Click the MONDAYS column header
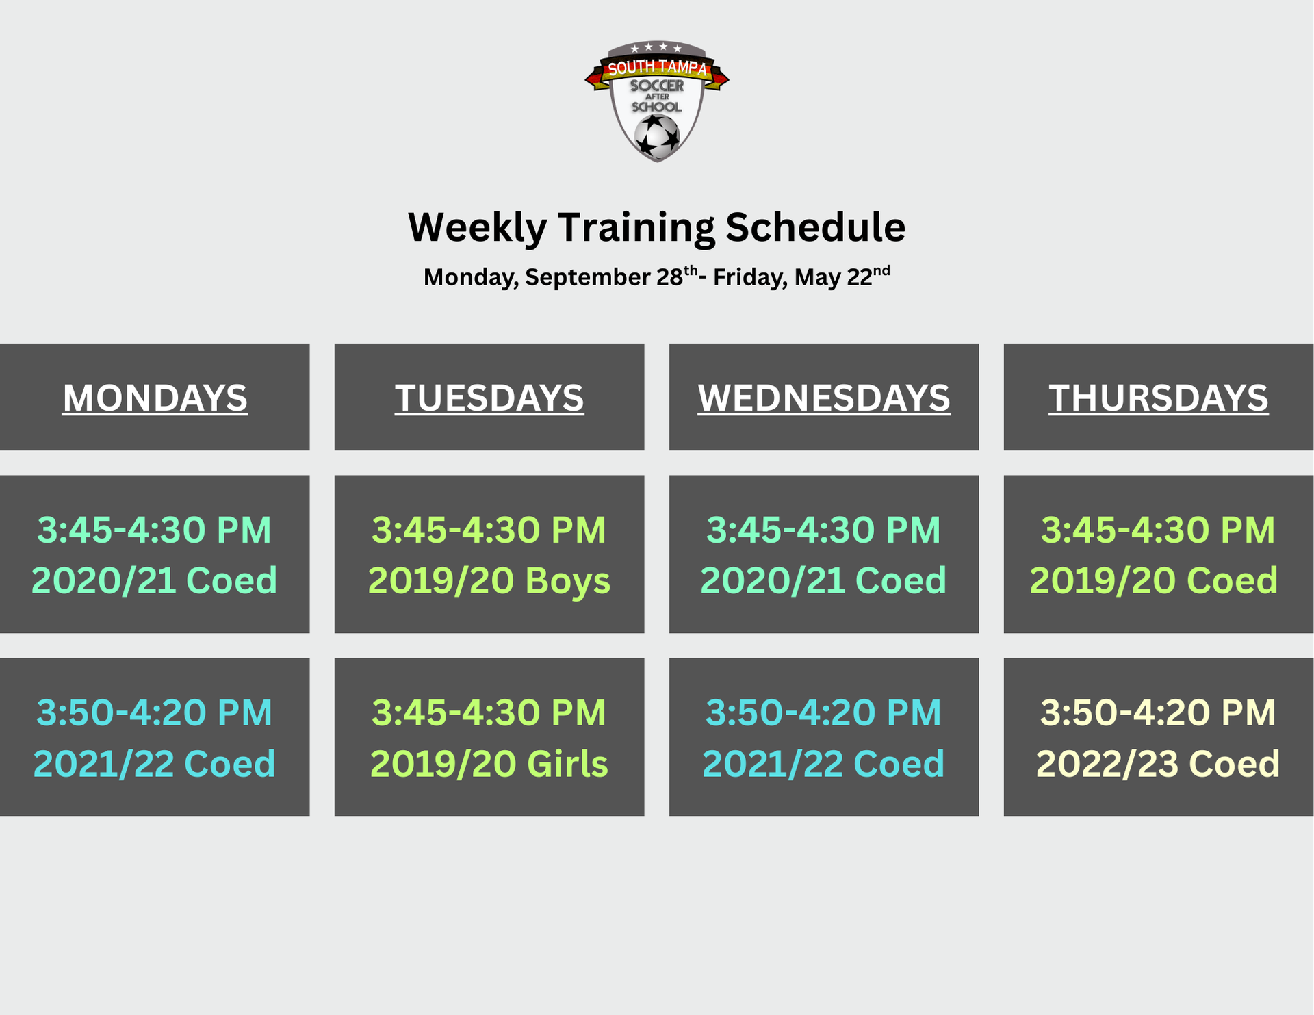click(x=155, y=398)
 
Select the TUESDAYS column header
click(x=489, y=398)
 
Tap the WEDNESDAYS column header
click(x=824, y=398)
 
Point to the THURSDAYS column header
click(x=1158, y=398)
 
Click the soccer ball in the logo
click(x=657, y=136)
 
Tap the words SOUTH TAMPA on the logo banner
click(x=657, y=68)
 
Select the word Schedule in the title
click(x=815, y=227)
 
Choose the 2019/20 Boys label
click(x=489, y=581)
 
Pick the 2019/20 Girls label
click(x=489, y=764)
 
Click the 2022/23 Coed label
click(x=1158, y=764)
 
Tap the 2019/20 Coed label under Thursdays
click(x=1154, y=581)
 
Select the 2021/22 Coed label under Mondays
click(x=155, y=764)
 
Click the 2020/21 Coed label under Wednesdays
click(x=823, y=581)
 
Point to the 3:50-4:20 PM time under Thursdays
click(x=1158, y=712)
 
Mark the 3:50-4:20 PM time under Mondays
click(x=155, y=712)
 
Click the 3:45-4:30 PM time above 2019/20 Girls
click(x=489, y=712)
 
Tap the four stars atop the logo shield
click(x=656, y=48)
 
